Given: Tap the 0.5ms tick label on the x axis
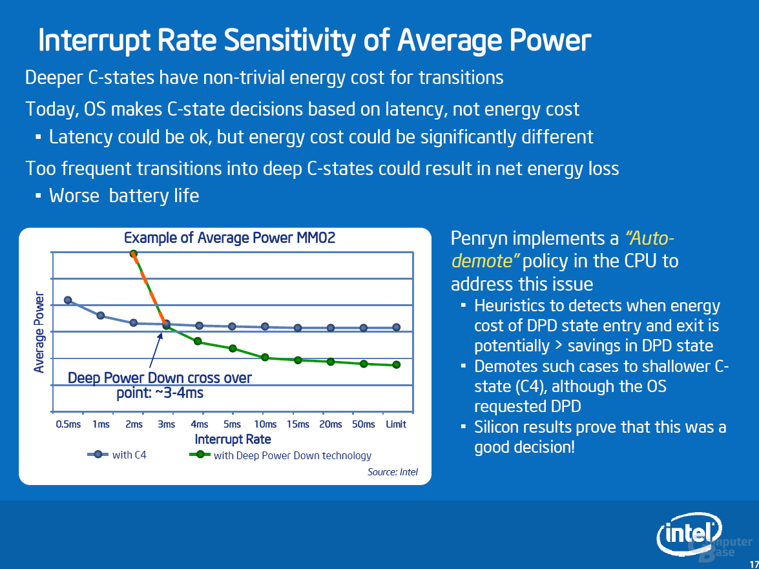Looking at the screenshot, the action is (68, 424).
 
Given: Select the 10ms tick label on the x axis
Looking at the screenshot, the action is (265, 424).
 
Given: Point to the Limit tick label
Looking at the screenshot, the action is (396, 424).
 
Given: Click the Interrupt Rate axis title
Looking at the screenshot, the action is (233, 439).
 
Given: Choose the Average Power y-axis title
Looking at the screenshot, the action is (39, 332).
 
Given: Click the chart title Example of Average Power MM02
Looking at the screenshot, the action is (229, 238).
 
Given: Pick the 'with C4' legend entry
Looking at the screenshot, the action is (117, 455).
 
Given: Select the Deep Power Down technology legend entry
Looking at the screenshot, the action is (280, 455).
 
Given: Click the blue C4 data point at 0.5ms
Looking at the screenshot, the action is (68, 300).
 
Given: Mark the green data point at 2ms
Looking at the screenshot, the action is (134, 254).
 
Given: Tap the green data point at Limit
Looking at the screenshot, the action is (397, 364).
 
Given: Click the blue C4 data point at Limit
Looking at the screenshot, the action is (397, 327).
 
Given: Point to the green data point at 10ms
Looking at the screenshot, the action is (265, 358).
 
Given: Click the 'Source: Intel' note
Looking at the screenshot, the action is (393, 471).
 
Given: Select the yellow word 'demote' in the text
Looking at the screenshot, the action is (482, 261).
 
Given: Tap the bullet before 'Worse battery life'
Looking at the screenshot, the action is (38, 196).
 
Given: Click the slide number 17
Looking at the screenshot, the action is (754, 564).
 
